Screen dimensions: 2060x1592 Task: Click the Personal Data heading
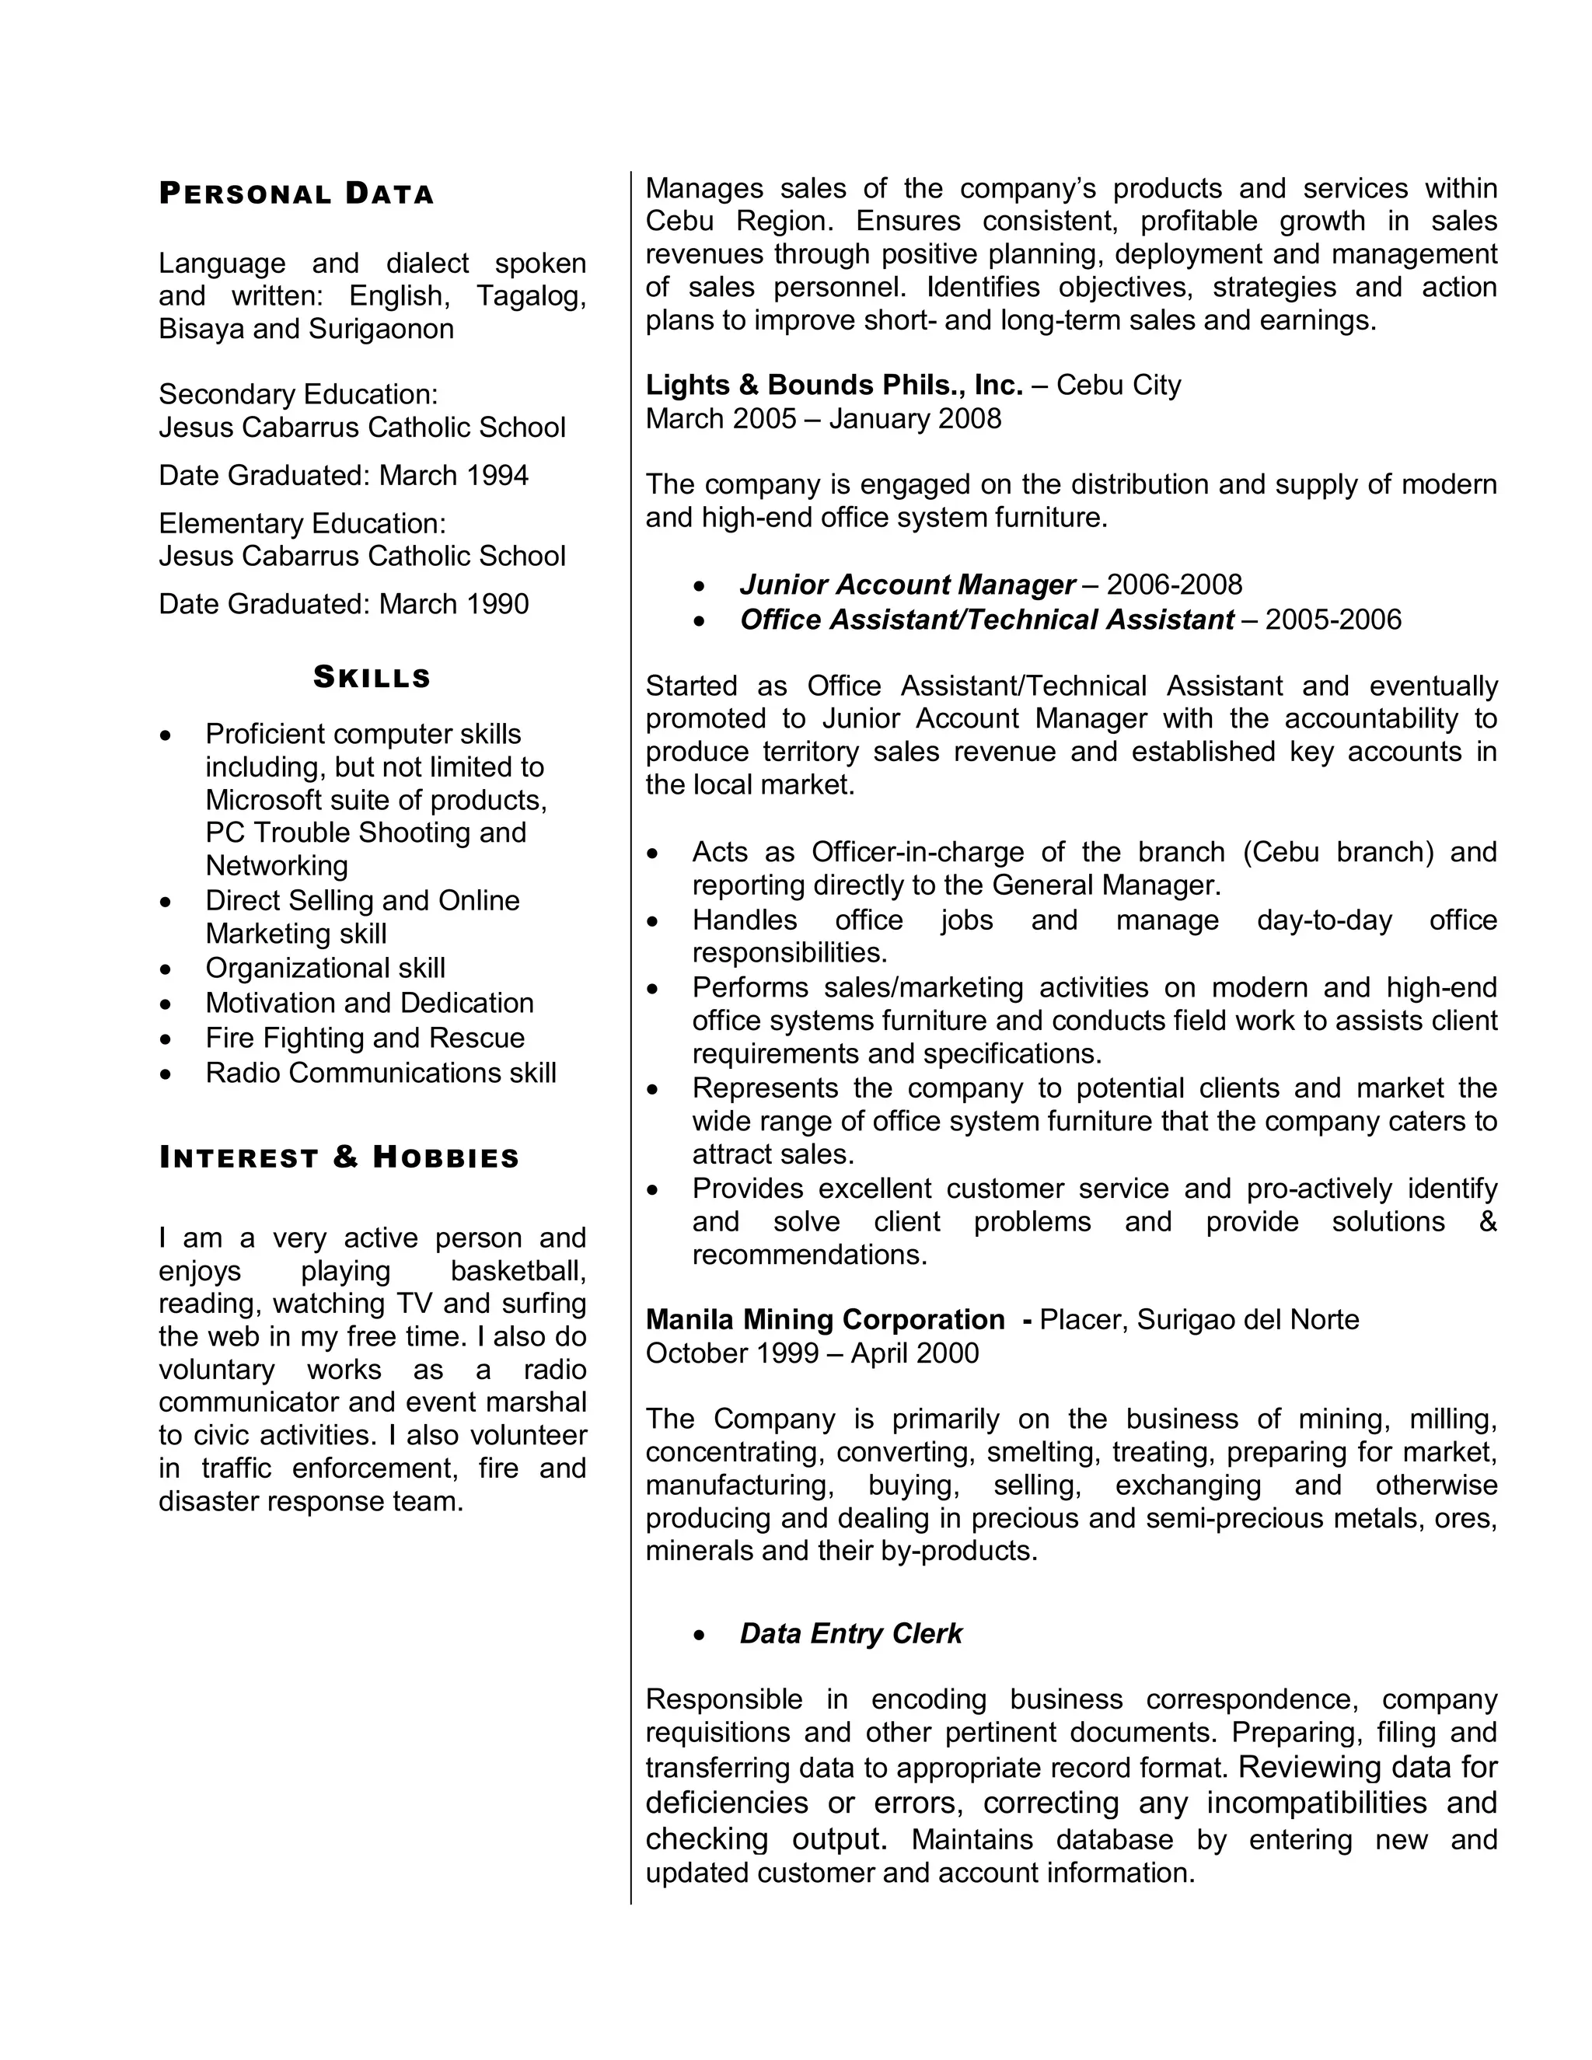(x=296, y=194)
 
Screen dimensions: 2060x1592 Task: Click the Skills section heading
(x=372, y=677)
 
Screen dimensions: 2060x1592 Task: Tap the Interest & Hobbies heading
(x=339, y=1157)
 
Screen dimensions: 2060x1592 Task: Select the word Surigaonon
(x=381, y=328)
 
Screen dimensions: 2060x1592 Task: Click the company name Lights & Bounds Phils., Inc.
(x=834, y=385)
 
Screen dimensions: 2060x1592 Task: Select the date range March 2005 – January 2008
(x=822, y=418)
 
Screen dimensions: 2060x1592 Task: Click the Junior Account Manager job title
(x=906, y=585)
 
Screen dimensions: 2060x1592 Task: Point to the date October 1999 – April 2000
(x=812, y=1353)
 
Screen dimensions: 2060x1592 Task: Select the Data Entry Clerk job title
(x=850, y=1634)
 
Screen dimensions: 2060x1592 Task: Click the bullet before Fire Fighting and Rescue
(x=166, y=1039)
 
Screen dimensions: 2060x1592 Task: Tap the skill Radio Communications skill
(x=380, y=1073)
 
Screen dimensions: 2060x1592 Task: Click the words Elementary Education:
(x=302, y=523)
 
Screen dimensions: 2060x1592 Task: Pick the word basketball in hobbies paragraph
(x=518, y=1270)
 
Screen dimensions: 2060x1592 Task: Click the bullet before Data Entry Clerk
(x=699, y=1635)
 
